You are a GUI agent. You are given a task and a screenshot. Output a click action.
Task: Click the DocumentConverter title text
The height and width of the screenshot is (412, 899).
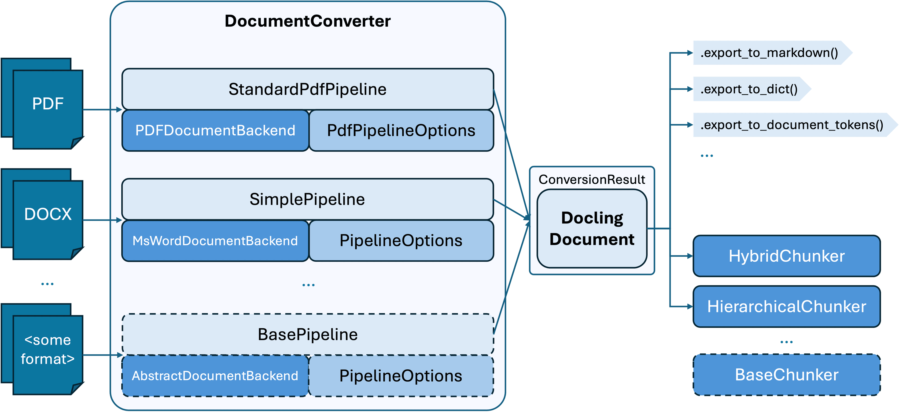pos(307,21)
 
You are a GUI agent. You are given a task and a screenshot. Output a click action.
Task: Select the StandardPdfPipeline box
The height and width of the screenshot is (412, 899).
pos(307,89)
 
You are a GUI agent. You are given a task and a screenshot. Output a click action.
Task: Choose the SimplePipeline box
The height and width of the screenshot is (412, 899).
pos(307,199)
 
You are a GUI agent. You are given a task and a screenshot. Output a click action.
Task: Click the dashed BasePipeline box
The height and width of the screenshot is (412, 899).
pos(307,334)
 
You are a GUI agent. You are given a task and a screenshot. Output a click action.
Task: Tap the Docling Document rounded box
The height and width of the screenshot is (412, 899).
pos(592,229)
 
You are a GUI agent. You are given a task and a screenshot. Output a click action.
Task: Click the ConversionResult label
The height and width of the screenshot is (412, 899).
pos(592,179)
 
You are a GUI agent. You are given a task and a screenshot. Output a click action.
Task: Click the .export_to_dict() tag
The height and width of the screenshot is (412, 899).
pos(749,89)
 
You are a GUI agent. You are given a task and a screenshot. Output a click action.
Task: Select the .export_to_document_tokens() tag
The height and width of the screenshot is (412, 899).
pos(792,125)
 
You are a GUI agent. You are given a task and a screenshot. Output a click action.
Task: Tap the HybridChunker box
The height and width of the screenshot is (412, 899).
pos(786,256)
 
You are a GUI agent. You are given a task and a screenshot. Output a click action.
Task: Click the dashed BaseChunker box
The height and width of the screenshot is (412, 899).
pos(786,375)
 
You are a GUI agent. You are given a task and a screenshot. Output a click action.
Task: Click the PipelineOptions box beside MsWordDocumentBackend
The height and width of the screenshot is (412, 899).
pos(401,241)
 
